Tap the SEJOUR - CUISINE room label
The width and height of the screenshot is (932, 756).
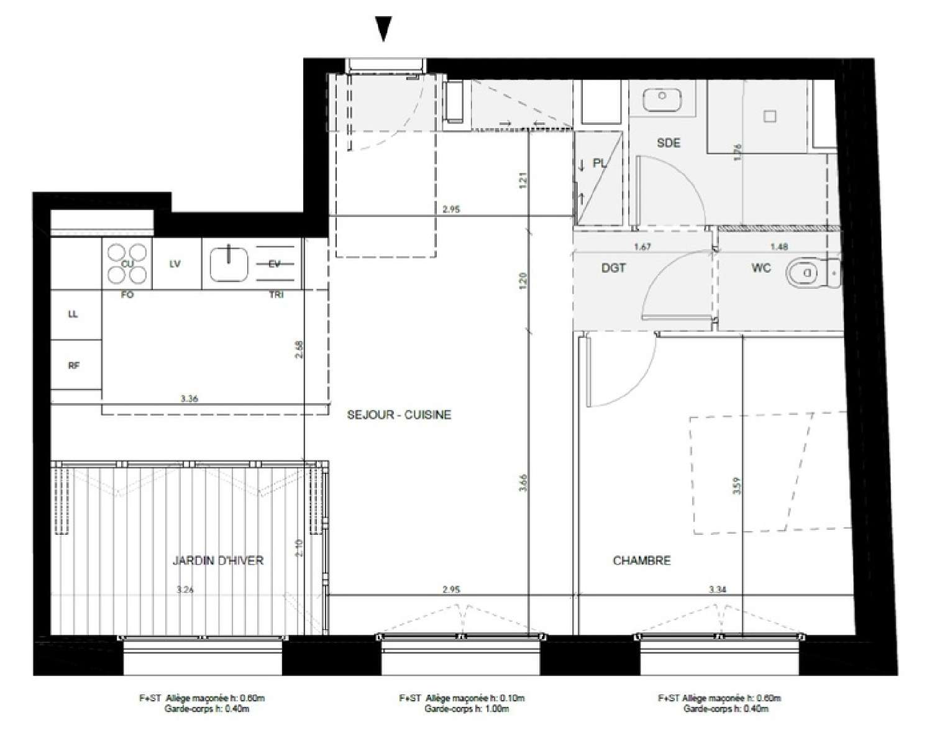click(399, 415)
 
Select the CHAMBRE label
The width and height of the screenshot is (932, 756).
click(642, 560)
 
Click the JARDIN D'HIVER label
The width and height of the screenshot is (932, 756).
click(217, 560)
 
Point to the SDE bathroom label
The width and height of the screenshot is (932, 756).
click(669, 143)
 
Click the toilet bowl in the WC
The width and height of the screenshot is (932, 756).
click(805, 271)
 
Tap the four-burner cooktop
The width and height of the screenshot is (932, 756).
click(127, 263)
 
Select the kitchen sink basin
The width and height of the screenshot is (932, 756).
click(229, 264)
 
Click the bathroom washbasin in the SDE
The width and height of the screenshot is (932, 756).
click(662, 97)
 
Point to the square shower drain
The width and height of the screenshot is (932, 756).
click(770, 116)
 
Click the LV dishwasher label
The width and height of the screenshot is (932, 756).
click(175, 264)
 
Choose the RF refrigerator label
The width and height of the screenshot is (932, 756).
click(73, 366)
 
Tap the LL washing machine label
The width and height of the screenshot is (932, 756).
click(73, 314)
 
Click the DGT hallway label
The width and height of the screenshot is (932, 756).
click(613, 268)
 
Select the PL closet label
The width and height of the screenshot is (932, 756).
click(600, 164)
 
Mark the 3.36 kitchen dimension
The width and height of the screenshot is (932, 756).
click(189, 399)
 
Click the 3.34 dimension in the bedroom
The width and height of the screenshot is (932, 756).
click(717, 589)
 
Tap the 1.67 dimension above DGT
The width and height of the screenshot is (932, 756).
click(642, 247)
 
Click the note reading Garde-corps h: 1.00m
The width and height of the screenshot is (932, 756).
click(467, 708)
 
